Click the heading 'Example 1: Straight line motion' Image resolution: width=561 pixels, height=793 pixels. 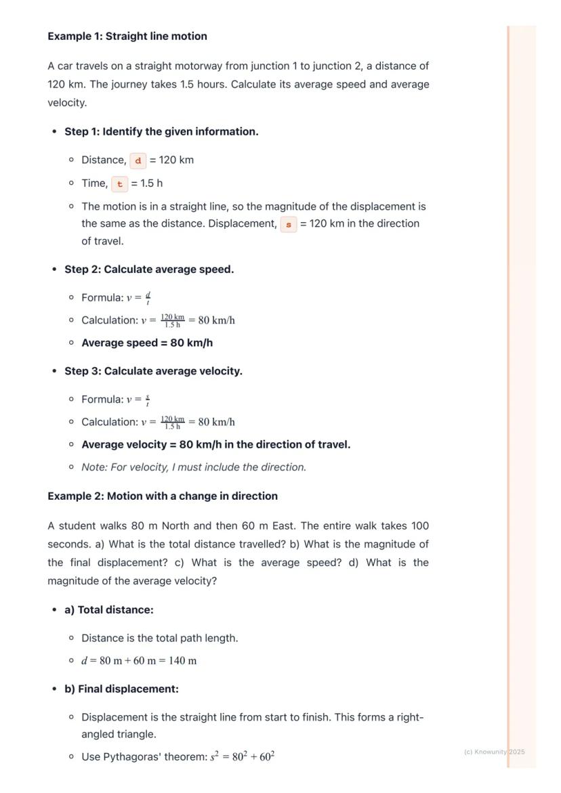127,36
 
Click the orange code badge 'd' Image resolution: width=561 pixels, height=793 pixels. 138,160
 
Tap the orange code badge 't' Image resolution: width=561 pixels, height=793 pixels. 120,184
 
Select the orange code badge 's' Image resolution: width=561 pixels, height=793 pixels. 289,224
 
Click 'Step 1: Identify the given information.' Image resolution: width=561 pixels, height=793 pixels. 161,131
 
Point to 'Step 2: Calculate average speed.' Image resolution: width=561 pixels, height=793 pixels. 149,269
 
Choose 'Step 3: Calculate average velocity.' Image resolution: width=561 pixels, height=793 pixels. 153,371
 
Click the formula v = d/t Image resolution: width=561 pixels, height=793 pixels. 138,298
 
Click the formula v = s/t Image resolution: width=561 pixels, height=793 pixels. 138,400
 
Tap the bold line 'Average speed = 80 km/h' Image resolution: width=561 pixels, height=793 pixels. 147,343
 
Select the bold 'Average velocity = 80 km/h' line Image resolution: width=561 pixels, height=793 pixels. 215,444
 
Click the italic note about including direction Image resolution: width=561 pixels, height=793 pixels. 194,467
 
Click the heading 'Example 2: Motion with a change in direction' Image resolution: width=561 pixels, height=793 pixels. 163,496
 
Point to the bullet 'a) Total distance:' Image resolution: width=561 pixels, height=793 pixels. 109,609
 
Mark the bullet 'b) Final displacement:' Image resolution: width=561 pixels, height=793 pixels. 121,689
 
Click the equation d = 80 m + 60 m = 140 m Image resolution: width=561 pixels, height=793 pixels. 139,661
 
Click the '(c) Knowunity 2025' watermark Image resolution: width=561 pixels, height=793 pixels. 495,752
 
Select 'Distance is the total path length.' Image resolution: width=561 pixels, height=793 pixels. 160,638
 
